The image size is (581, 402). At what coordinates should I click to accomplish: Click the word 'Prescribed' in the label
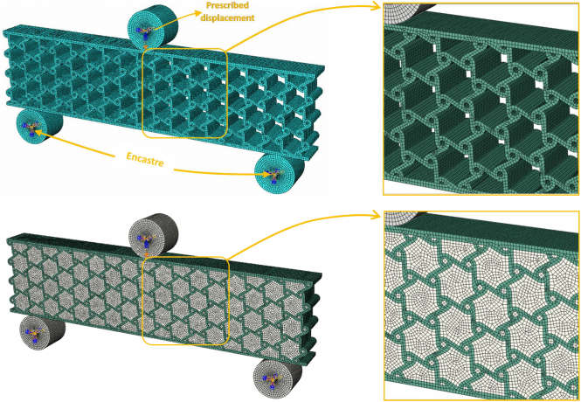click(227, 5)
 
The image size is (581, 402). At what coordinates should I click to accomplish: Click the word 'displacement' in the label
click(227, 17)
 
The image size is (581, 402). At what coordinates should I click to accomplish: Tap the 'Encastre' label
click(145, 159)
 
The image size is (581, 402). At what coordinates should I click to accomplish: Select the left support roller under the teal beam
click(38, 124)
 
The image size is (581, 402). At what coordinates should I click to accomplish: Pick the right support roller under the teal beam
click(279, 173)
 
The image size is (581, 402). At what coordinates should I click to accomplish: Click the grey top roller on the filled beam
click(152, 235)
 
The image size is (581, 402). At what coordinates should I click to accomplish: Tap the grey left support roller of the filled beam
click(42, 332)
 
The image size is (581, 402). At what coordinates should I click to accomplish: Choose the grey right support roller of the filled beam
click(277, 378)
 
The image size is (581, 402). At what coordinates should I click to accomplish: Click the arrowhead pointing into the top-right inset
click(376, 5)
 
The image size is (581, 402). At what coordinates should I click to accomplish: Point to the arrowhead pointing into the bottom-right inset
click(376, 214)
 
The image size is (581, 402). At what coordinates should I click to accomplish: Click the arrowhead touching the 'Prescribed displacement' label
click(197, 14)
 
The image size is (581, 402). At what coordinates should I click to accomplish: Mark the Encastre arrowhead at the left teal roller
click(40, 133)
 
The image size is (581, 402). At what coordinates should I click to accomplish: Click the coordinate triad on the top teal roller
click(145, 32)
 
